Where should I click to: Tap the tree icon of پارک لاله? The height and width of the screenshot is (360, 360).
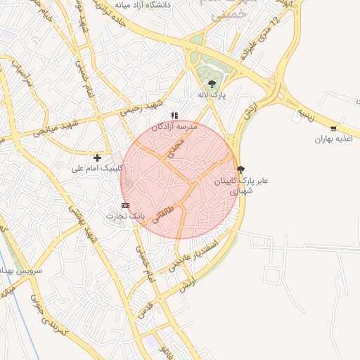[212, 85]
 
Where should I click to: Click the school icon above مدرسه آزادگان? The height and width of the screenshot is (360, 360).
[174, 115]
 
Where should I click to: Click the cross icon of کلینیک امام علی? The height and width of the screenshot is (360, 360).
[97, 157]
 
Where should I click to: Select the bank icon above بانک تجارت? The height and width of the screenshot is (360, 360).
[125, 205]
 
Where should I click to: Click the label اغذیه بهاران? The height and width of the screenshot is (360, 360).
[332, 139]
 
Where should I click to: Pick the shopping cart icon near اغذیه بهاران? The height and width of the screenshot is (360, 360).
[333, 129]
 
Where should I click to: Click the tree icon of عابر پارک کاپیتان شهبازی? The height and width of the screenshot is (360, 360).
[241, 169]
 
